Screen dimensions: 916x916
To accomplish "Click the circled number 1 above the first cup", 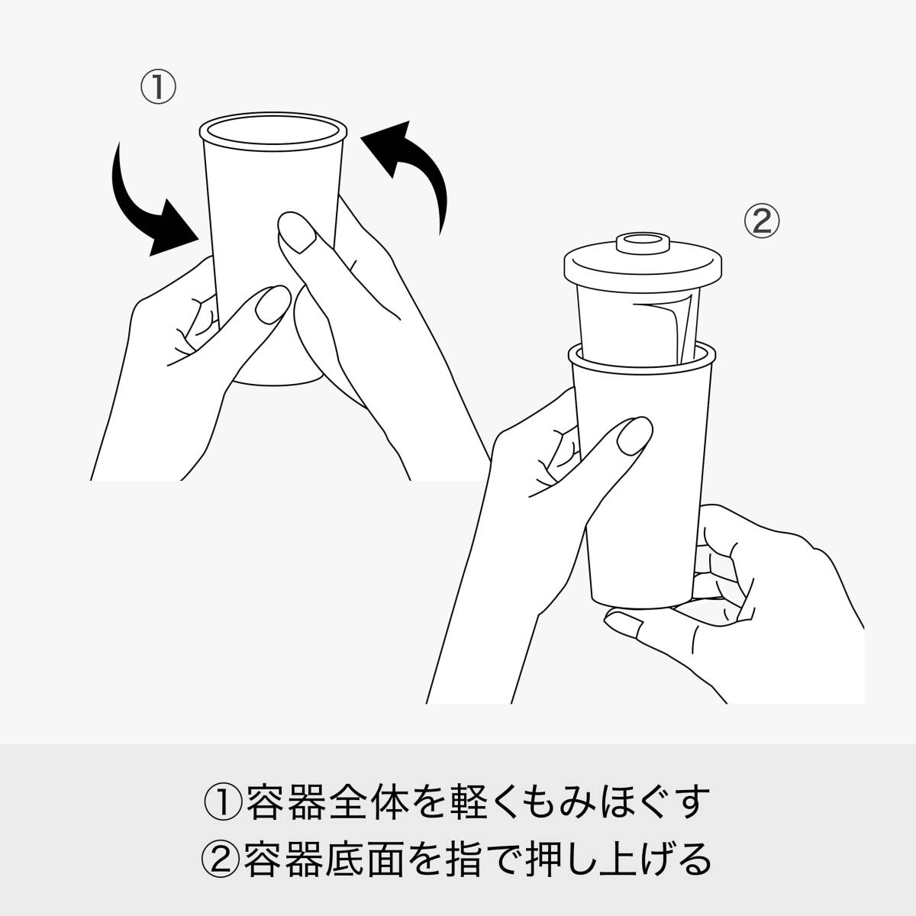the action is tap(158, 88).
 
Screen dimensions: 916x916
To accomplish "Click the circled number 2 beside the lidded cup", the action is tap(762, 221).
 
